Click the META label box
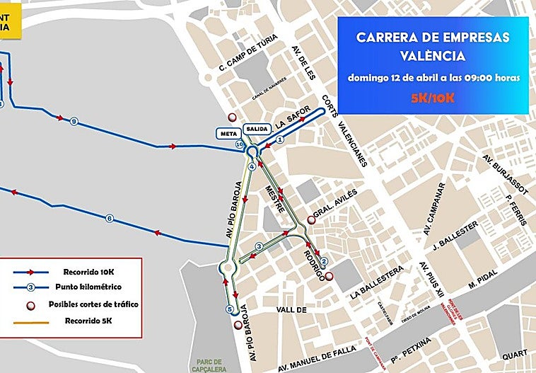(228, 132)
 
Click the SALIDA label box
(257, 128)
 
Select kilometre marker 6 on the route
(110, 218)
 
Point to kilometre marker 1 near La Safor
(279, 140)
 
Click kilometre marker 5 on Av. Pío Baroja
(229, 309)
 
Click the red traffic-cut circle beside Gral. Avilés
(310, 219)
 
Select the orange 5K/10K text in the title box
(433, 97)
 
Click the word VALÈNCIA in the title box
(432, 54)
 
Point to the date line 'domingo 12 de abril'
(433, 77)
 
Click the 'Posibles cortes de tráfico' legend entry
(93, 304)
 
